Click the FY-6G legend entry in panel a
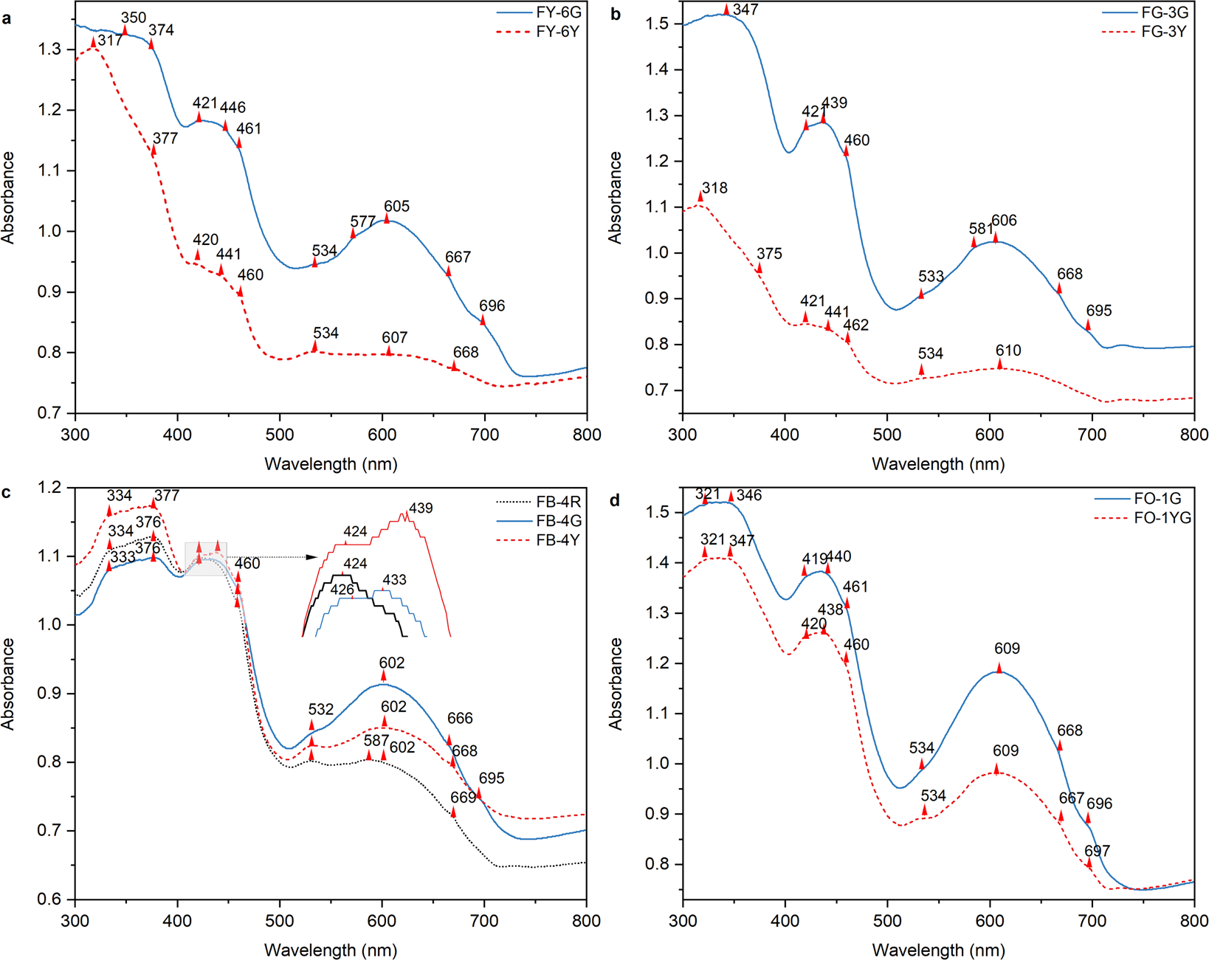point(559,13)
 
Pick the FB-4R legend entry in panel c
point(558,502)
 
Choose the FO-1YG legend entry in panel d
point(1162,518)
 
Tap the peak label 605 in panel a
point(396,207)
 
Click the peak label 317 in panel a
point(110,41)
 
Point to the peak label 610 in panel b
point(1008,350)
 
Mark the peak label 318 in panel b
point(714,188)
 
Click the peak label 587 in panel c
point(376,740)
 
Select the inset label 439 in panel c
point(421,508)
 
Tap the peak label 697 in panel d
point(1097,851)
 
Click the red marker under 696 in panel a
point(483,320)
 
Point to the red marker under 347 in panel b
point(726,10)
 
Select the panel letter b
point(616,15)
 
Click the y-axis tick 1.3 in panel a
point(51,49)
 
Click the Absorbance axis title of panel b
point(615,198)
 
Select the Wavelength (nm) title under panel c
point(331,950)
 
